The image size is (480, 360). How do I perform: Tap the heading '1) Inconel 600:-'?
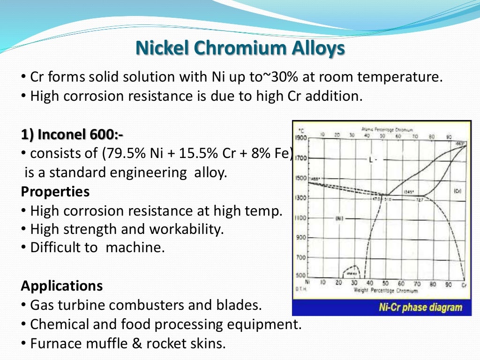[x=72, y=135]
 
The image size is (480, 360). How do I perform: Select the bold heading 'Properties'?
[x=55, y=192]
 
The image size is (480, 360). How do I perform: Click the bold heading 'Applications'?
[x=62, y=285]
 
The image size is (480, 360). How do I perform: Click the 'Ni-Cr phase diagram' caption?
[x=420, y=308]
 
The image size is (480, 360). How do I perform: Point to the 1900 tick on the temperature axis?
[x=300, y=138]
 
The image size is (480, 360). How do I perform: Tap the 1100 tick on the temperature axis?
[x=300, y=218]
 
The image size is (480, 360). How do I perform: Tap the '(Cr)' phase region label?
[x=458, y=191]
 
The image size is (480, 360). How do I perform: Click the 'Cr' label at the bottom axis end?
[x=464, y=284]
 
